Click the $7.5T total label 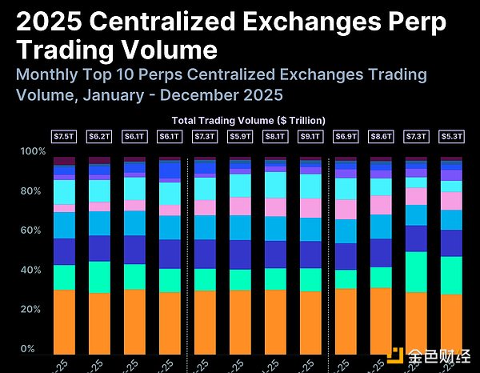tap(64, 137)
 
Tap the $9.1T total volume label tap(310, 137)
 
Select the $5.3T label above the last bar tap(451, 137)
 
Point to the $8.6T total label tap(381, 137)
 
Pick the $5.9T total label tap(240, 137)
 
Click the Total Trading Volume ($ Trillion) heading tap(249, 119)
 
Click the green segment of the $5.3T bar tap(451, 275)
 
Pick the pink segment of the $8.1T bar tap(275, 207)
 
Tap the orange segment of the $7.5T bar tap(64, 321)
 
